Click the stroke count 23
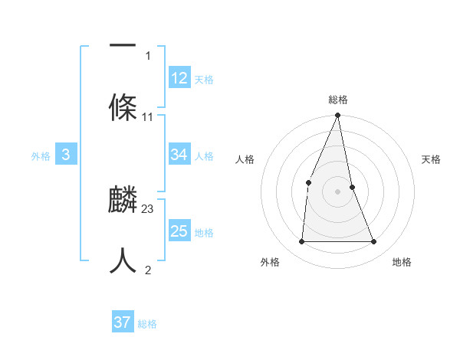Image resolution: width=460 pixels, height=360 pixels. (x=148, y=209)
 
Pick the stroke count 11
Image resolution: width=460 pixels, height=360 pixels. (x=148, y=117)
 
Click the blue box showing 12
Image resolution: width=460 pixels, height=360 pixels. (x=179, y=78)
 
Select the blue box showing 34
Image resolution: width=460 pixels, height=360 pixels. (x=179, y=155)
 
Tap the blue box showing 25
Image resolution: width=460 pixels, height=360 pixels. (x=179, y=231)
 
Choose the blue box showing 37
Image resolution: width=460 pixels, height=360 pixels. (x=123, y=323)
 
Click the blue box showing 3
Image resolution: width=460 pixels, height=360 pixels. (x=66, y=155)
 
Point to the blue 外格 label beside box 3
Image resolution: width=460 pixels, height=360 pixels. (x=41, y=155)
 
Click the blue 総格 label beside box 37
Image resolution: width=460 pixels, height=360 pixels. (x=147, y=324)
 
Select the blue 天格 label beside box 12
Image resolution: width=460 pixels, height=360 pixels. (x=204, y=79)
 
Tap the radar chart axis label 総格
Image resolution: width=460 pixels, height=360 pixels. (x=338, y=100)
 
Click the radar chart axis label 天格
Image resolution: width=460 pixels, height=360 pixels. (x=431, y=159)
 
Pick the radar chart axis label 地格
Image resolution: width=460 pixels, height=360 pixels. (x=402, y=262)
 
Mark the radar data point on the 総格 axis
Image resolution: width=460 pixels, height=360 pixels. (x=338, y=116)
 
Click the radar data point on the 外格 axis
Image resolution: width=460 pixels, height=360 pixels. (x=301, y=241)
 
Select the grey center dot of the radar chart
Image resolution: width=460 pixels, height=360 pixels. (x=338, y=191)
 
